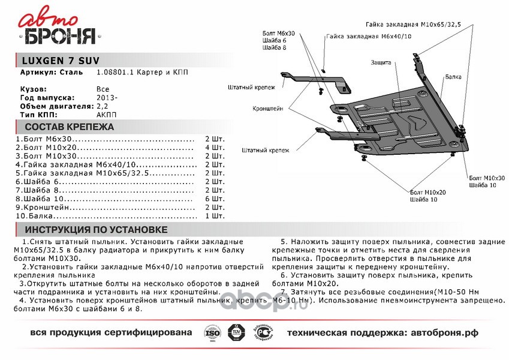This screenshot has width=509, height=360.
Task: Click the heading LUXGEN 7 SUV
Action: pos(57,61)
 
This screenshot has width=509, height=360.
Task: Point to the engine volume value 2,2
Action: pos(102,105)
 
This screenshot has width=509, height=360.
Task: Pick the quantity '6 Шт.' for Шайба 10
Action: pos(215,198)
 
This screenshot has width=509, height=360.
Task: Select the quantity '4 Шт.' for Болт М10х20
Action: pos(215,147)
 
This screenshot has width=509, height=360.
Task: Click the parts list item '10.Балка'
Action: pos(36,215)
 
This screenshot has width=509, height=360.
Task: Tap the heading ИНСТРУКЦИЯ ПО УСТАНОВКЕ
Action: pos(95,230)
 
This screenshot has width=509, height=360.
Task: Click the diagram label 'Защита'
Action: pos(381,62)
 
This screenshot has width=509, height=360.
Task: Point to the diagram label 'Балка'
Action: pos(453,77)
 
